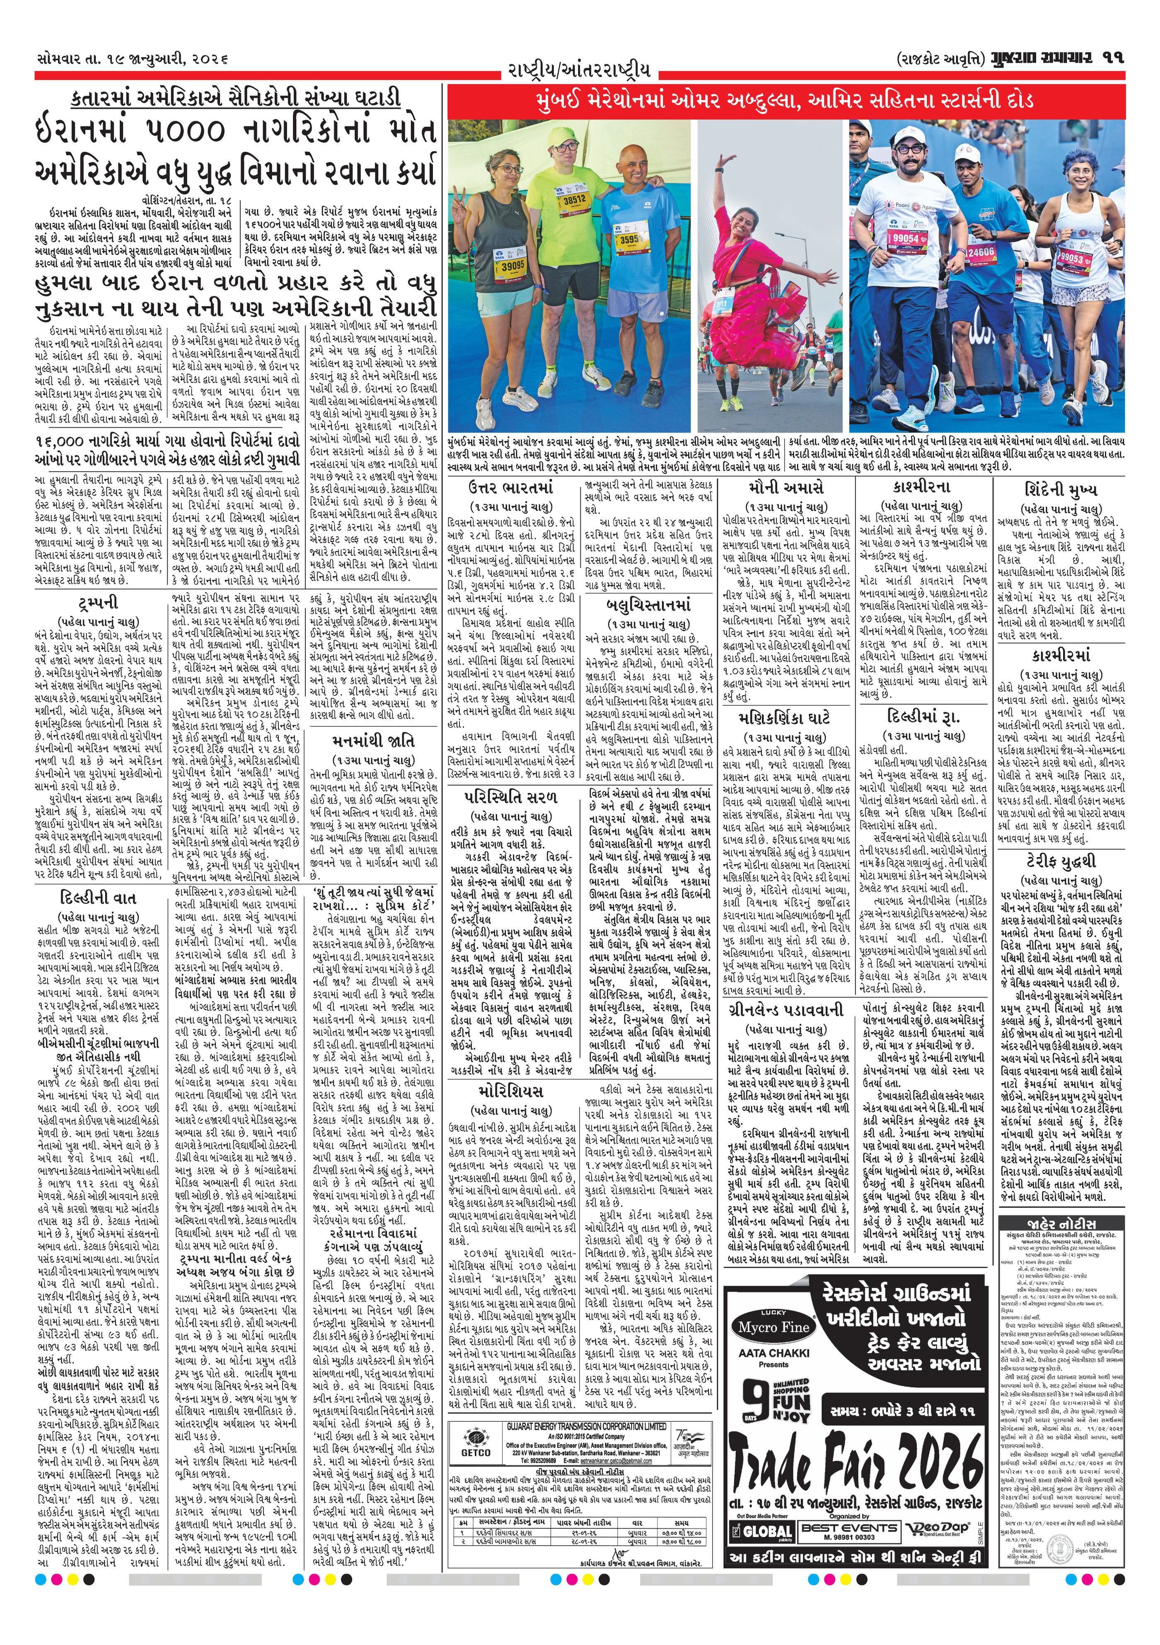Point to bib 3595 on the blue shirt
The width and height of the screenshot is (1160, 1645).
point(629,239)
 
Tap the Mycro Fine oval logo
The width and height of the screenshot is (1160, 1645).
point(773,1327)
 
